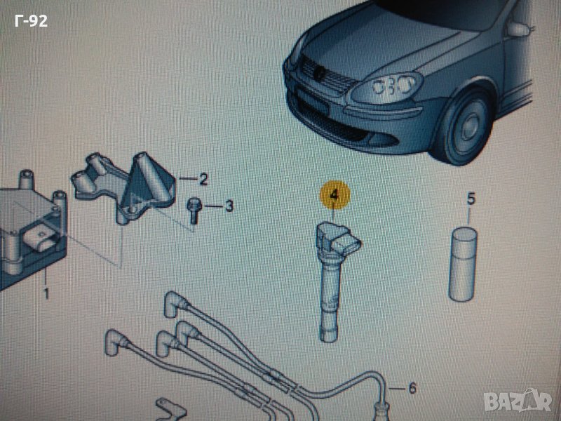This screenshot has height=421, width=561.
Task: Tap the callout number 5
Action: point(471,200)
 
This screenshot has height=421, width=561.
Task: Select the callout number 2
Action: point(203,180)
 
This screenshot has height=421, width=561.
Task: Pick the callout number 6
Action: point(412,387)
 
